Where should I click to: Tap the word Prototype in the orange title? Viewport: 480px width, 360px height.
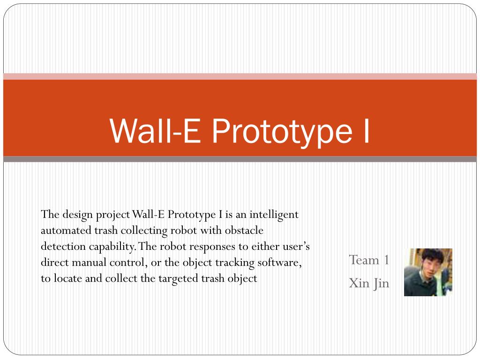pos(281,131)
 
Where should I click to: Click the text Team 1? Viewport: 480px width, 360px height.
pos(369,260)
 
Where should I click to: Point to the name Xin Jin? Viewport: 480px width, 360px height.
pos(369,283)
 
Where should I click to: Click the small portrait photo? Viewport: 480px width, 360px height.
pos(428,272)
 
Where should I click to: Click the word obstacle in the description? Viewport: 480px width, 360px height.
pos(244,231)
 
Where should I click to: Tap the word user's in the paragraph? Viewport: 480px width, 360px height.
pos(293,247)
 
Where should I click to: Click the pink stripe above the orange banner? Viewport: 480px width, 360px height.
pos(240,76)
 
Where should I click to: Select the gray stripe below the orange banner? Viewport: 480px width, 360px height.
pos(240,159)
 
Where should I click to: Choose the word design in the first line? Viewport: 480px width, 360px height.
pos(76,215)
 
